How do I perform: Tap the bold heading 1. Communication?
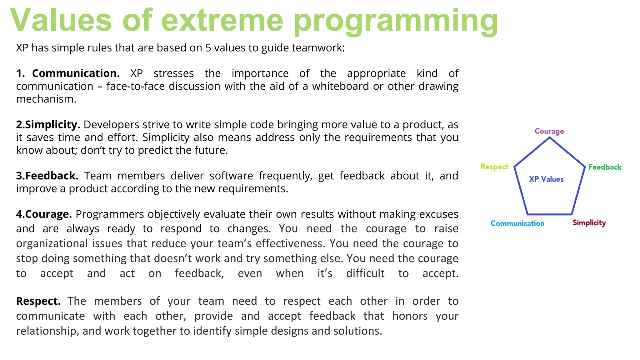68,73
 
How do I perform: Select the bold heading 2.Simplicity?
48,125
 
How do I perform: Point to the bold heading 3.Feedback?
47,176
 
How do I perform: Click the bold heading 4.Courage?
44,214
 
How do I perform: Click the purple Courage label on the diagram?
549,131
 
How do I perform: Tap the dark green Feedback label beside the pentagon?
604,167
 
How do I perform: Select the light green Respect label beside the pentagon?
494,167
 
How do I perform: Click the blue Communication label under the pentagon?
517,223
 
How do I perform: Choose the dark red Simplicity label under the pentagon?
589,223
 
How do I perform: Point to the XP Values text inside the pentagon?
546,179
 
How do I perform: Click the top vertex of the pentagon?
549,138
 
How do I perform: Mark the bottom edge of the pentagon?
549,214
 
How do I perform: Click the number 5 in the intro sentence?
208,48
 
